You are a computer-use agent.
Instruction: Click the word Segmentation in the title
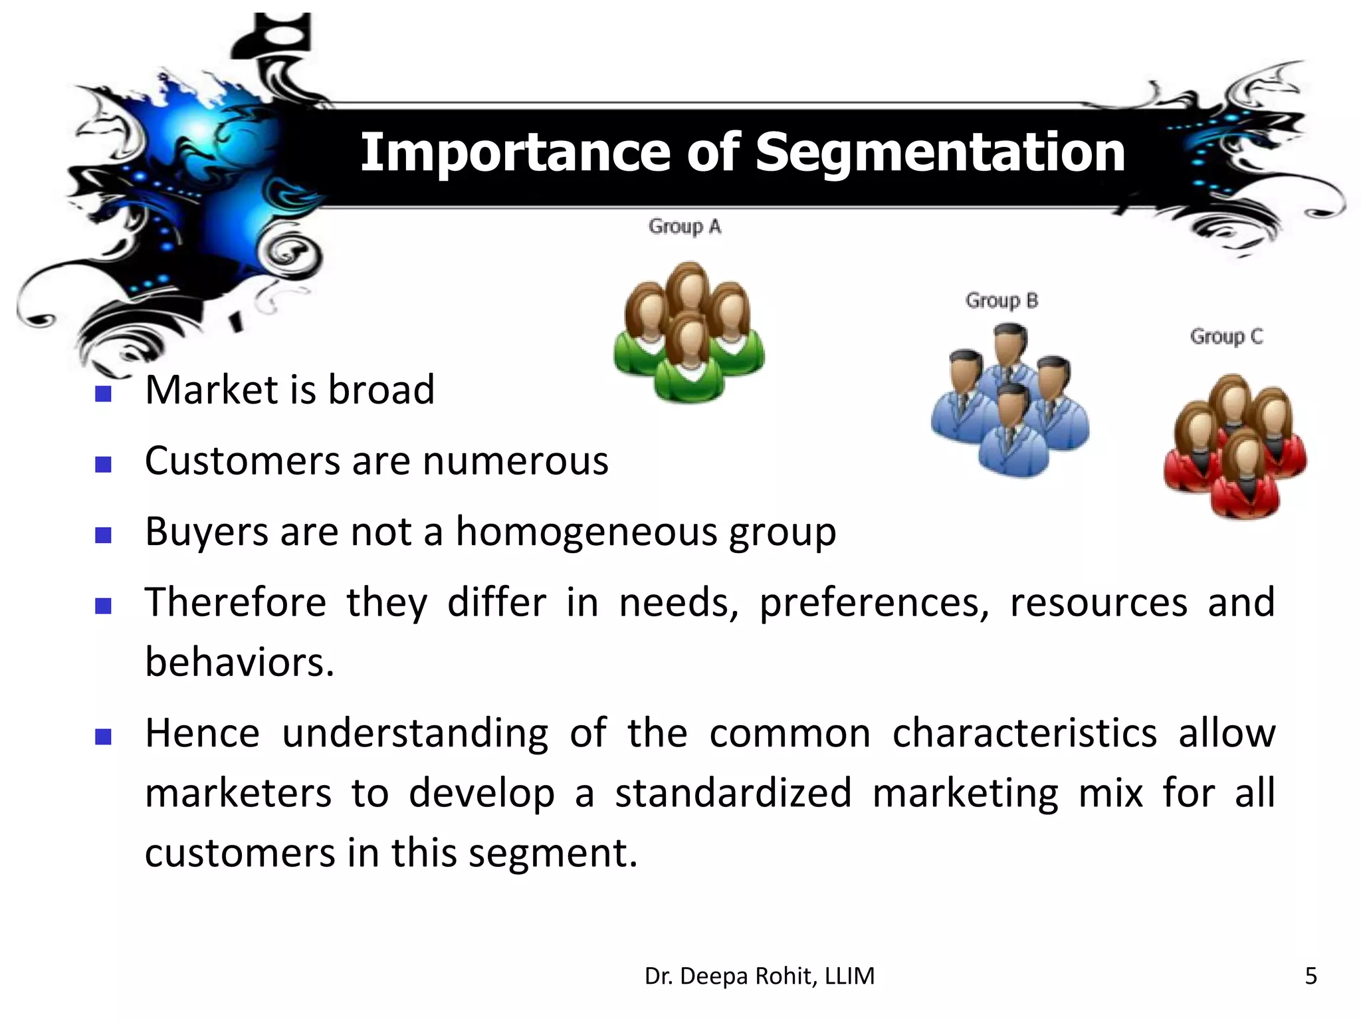(940, 153)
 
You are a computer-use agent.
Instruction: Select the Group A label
(684, 227)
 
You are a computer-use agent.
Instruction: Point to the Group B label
(1001, 300)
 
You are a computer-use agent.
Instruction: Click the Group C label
(1226, 336)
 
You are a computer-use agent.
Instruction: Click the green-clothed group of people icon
(689, 332)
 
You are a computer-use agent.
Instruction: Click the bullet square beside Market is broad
(103, 394)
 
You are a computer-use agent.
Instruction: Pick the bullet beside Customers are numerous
(103, 464)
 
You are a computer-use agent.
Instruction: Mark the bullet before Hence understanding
(103, 737)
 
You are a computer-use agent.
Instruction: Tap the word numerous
(515, 461)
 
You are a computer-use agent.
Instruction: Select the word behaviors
(239, 663)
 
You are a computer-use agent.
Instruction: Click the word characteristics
(1024, 734)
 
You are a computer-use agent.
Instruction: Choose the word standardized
(733, 793)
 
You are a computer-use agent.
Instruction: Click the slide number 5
(1310, 976)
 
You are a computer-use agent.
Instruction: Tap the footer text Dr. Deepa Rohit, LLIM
(759, 976)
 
